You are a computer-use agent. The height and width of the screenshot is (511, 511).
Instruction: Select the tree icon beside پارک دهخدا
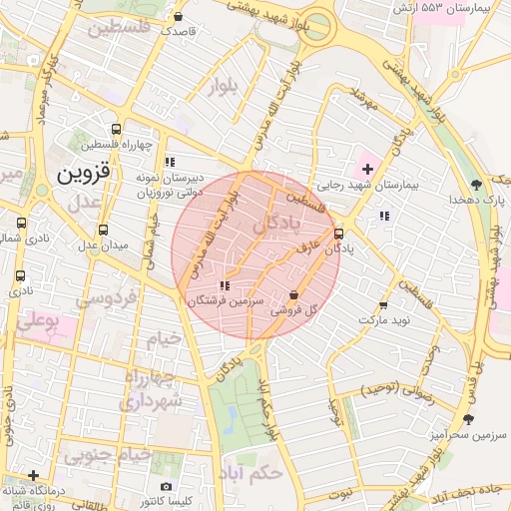click(x=476, y=185)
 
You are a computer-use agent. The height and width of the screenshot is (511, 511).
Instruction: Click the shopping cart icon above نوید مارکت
click(x=382, y=306)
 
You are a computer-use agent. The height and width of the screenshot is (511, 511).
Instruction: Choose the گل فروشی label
click(x=293, y=311)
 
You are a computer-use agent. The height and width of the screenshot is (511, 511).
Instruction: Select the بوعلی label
click(x=41, y=321)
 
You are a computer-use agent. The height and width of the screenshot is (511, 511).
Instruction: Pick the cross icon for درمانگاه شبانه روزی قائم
click(x=34, y=475)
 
